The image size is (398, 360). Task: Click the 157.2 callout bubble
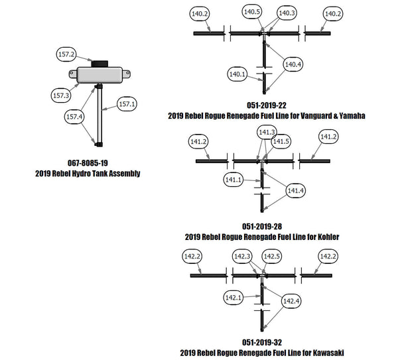[67, 54]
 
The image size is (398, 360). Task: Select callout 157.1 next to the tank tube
[127, 103]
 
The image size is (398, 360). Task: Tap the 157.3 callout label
[61, 95]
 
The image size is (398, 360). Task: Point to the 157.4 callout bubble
[74, 117]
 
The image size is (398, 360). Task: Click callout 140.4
[293, 64]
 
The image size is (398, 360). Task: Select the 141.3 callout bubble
[266, 132]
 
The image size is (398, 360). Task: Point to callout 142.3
[242, 256]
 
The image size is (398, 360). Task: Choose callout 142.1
[234, 297]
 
